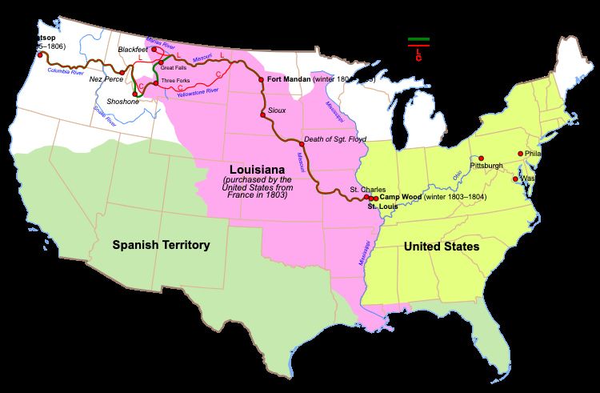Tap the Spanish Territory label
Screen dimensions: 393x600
161,245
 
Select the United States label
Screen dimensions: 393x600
442,247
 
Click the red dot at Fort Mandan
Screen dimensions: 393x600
261,80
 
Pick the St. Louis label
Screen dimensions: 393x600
383,207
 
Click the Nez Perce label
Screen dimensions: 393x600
103,79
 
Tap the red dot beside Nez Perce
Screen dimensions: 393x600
122,73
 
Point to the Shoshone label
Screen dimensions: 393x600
123,102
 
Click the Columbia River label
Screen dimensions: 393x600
65,70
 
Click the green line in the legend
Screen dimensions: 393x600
418,38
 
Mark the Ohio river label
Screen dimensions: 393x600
458,170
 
